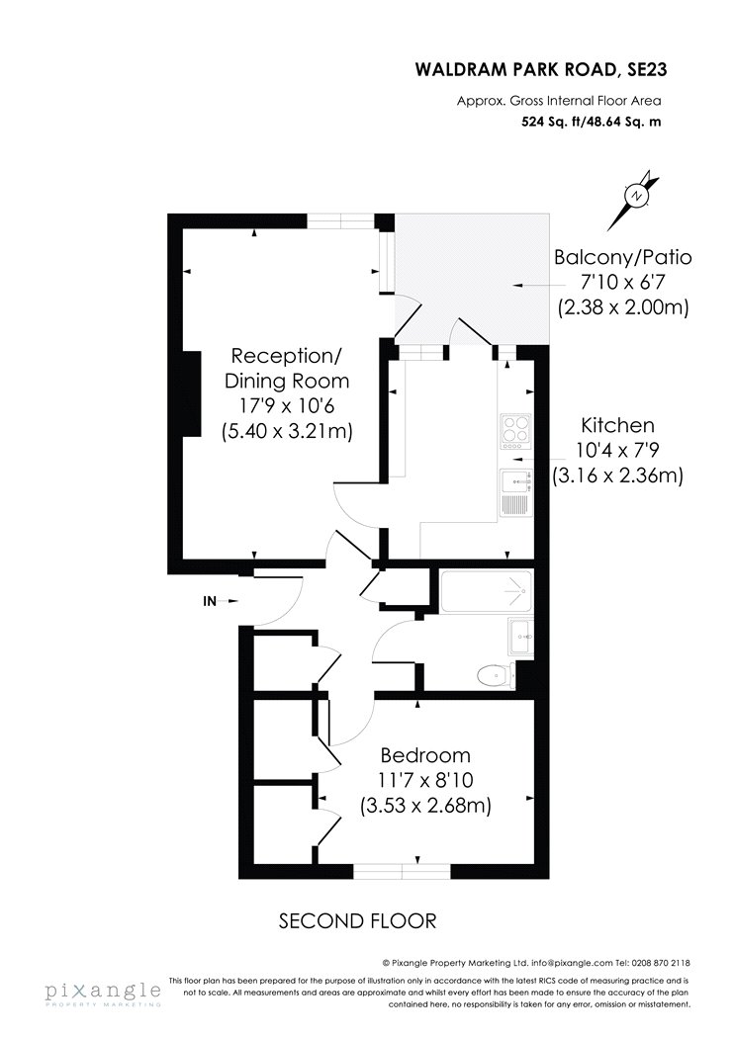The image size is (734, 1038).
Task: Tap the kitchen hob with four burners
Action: point(516,428)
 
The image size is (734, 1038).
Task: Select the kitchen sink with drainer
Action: point(516,492)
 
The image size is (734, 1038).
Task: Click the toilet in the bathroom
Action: point(497,675)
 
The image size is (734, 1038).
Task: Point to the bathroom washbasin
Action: point(521,636)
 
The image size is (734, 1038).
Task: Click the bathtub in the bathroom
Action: point(487,590)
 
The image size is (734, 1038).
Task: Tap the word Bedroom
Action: point(425,754)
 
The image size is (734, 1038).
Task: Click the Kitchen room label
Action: point(617,425)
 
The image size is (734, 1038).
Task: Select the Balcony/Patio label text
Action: point(622,257)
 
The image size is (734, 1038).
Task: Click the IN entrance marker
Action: point(210,601)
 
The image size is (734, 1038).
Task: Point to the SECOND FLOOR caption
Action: point(358,920)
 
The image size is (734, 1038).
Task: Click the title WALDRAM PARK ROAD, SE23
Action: point(540,69)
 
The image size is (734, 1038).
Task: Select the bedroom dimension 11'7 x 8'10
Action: point(426,781)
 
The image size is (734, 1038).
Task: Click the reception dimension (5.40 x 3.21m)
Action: point(287,431)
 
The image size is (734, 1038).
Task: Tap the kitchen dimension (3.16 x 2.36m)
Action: point(617,476)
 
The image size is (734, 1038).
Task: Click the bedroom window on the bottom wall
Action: point(402,872)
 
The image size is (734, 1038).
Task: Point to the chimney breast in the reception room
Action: point(191,393)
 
